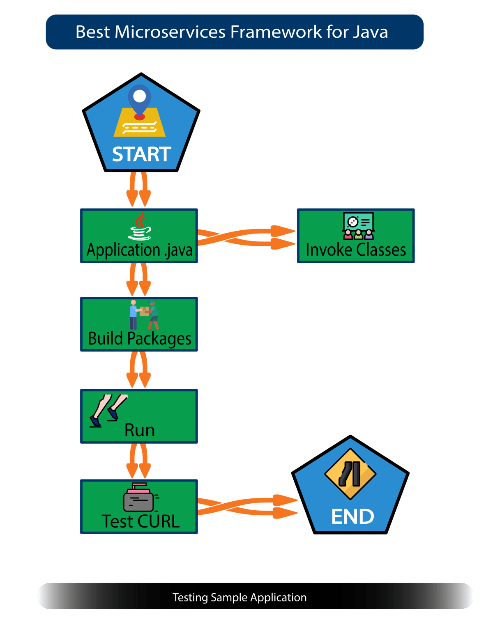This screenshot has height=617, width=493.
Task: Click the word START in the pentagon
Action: point(141,154)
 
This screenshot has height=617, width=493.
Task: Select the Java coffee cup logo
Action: point(140,226)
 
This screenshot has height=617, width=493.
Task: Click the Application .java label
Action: point(139,250)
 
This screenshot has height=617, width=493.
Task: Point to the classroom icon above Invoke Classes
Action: point(358,226)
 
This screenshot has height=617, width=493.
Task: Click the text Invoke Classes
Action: point(356,250)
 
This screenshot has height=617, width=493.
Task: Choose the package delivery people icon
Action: point(144,315)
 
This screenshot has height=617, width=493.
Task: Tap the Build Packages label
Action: point(140,339)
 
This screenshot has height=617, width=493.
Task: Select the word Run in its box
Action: point(140,430)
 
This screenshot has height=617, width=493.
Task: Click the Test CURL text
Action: point(141,521)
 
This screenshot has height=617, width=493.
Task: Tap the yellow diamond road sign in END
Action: point(350,474)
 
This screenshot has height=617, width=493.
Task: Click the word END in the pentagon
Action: point(352,516)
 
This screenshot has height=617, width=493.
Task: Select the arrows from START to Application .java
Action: point(138,190)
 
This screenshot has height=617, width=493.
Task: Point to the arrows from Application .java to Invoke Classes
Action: point(246,237)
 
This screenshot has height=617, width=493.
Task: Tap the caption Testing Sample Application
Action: point(240,597)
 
